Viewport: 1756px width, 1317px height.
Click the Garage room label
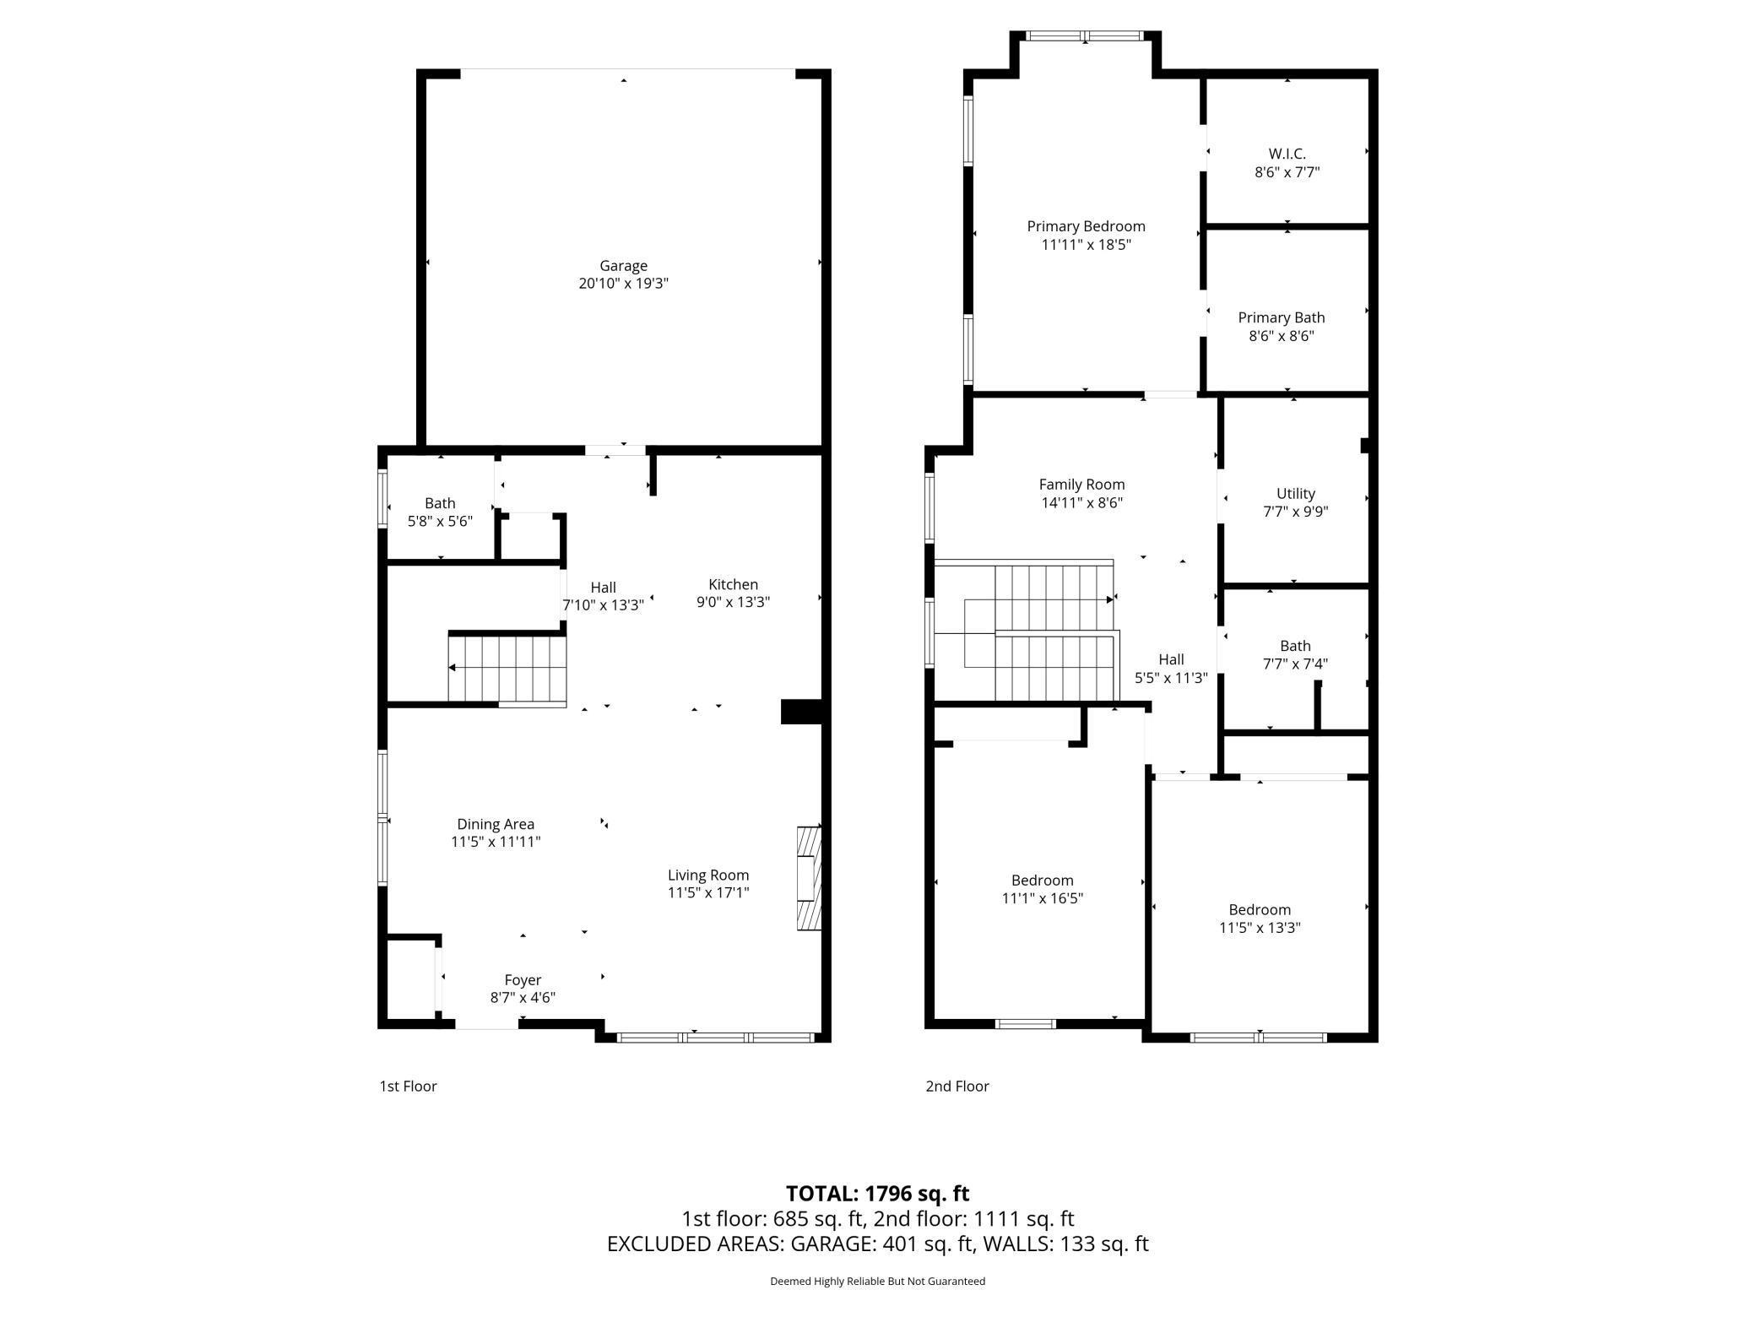(x=623, y=266)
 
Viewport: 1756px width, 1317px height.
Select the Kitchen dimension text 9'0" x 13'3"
(x=733, y=602)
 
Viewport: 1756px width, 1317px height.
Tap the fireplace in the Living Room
(x=809, y=878)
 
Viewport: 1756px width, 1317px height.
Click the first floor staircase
(x=507, y=668)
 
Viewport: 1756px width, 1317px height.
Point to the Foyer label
(x=523, y=980)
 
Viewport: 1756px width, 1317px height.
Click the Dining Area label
(x=496, y=824)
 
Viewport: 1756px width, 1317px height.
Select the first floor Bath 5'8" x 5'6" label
(x=440, y=512)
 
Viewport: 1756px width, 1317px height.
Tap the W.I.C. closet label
(x=1287, y=154)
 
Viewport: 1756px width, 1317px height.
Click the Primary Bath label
(x=1281, y=317)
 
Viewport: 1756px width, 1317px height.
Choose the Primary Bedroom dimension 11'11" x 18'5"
(x=1086, y=245)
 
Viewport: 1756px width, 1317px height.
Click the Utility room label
(x=1295, y=493)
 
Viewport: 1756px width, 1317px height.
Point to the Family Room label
(x=1081, y=485)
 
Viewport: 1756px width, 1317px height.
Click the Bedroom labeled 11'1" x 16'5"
(x=1042, y=889)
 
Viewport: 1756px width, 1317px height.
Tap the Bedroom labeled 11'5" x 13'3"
(x=1260, y=919)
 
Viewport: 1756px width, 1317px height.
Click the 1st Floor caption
(x=408, y=1087)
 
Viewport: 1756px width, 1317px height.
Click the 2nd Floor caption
(x=957, y=1087)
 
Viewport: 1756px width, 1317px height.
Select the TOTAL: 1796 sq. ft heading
(x=877, y=1193)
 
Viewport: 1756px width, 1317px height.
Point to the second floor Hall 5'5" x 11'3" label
(x=1171, y=668)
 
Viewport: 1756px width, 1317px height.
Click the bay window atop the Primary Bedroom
(x=1085, y=36)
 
